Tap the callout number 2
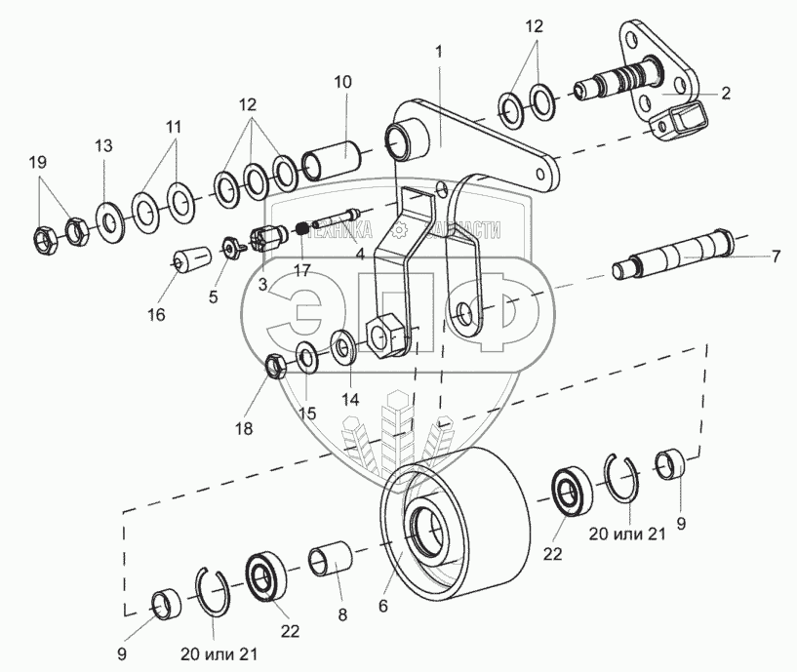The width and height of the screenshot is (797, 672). click(725, 94)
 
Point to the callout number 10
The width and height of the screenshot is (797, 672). click(342, 82)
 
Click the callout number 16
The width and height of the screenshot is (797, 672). click(157, 314)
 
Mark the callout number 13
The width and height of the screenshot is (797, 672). click(103, 146)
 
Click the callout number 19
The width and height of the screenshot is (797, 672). click(38, 163)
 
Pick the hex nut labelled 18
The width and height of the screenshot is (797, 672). click(276, 367)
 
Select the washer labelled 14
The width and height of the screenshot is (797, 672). click(343, 346)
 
